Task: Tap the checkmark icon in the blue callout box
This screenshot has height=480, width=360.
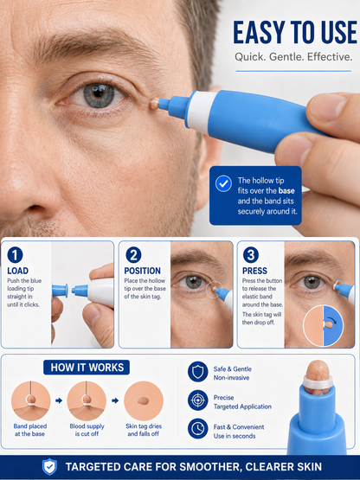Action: pyautogui.click(x=223, y=183)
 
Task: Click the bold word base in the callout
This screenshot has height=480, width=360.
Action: pyautogui.click(x=286, y=191)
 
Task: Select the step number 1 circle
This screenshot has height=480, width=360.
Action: pyautogui.click(x=15, y=254)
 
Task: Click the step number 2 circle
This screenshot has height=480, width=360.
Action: pyautogui.click(x=133, y=254)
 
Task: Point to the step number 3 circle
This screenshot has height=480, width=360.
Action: pyautogui.click(x=251, y=254)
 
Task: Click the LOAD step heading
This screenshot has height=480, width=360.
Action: pyautogui.click(x=18, y=271)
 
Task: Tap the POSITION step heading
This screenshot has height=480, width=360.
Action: pyautogui.click(x=142, y=271)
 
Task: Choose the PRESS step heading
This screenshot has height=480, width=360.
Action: pyautogui.click(x=254, y=271)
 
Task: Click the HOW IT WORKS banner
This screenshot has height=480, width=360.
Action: pyautogui.click(x=87, y=367)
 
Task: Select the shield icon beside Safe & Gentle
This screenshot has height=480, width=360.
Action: pyautogui.click(x=197, y=372)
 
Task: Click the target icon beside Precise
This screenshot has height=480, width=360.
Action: pyautogui.click(x=197, y=400)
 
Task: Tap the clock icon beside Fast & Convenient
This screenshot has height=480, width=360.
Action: pyautogui.click(x=197, y=429)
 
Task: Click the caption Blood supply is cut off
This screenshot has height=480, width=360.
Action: pyautogui.click(x=87, y=430)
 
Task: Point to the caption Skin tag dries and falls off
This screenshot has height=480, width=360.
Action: pyautogui.click(x=144, y=430)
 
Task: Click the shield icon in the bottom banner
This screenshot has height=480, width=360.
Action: pyautogui.click(x=49, y=467)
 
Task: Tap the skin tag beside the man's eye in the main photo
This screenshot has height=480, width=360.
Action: pyautogui.click(x=154, y=104)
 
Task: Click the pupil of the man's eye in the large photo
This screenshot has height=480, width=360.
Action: pyautogui.click(x=99, y=93)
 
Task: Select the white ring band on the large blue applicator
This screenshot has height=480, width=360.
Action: pyautogui.click(x=318, y=382)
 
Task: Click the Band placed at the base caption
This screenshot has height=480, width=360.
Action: pyautogui.click(x=29, y=430)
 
